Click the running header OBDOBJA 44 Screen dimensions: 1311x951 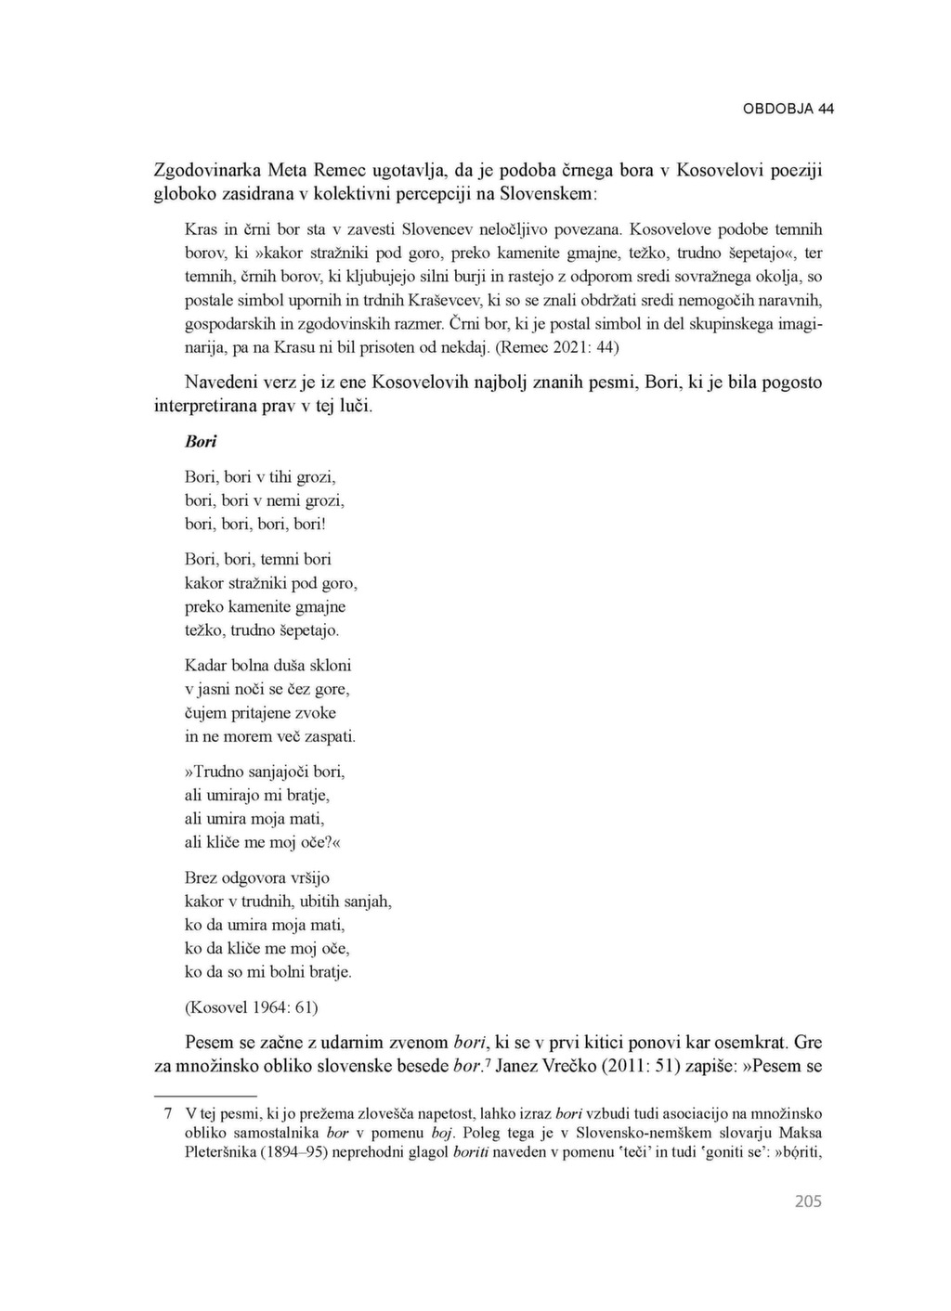click(x=788, y=109)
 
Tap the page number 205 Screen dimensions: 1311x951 click(x=808, y=1201)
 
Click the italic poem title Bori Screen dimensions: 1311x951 click(x=201, y=442)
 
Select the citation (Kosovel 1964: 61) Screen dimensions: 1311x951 click(x=252, y=1007)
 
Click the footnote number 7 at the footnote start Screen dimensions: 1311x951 click(x=168, y=1113)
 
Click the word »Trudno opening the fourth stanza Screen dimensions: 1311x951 click(x=215, y=772)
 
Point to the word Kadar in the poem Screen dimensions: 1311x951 click(x=204, y=666)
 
